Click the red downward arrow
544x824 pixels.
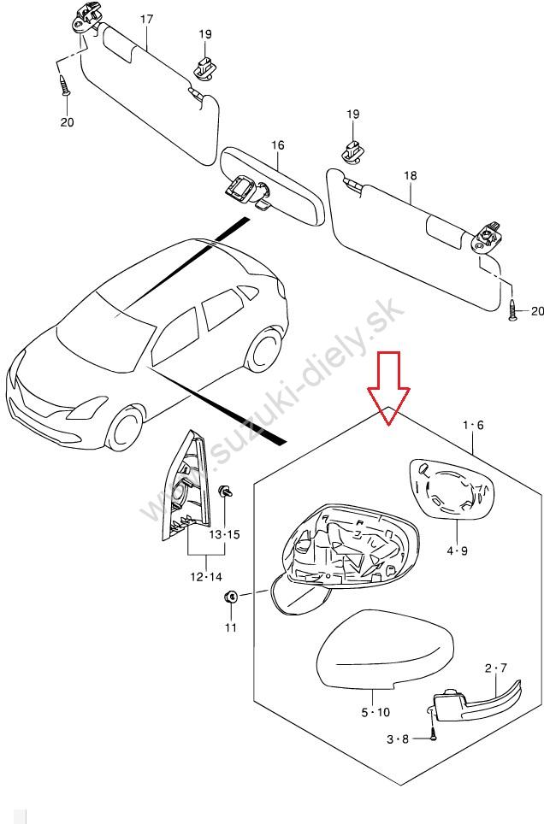tap(389, 385)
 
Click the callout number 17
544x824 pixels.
tap(146, 19)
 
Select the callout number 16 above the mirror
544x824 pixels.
tap(278, 145)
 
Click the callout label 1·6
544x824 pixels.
tap(473, 425)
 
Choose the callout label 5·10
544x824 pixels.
tap(375, 712)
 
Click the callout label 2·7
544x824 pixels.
tap(496, 668)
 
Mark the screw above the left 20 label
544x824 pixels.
tap(66, 85)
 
